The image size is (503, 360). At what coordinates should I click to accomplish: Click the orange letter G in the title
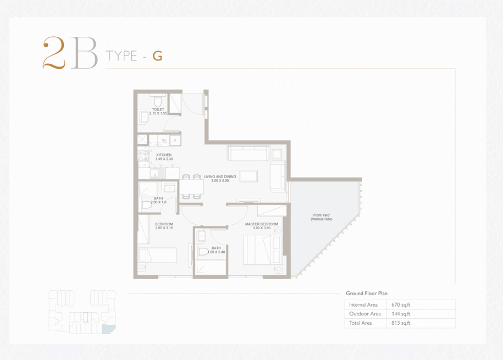point(157,56)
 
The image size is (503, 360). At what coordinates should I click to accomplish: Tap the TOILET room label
point(158,109)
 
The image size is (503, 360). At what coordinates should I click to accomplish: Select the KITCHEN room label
point(164,155)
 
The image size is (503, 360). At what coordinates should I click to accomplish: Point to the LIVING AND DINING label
point(220,177)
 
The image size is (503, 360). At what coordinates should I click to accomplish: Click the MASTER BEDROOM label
point(262,224)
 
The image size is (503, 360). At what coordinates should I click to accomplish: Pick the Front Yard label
point(322,215)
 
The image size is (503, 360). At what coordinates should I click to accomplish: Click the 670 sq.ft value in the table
point(401,305)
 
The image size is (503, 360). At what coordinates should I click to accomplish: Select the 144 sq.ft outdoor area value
point(401,314)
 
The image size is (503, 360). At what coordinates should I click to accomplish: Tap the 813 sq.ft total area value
point(401,323)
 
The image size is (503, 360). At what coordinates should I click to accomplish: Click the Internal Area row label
point(363,305)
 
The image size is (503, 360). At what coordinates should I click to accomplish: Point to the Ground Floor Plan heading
point(367,293)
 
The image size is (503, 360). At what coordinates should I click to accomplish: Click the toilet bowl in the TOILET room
point(158,101)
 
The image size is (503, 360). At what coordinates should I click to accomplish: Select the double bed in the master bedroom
point(258,250)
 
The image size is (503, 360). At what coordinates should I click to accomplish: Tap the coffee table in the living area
point(248,176)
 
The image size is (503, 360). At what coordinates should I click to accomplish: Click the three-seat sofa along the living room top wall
point(248,153)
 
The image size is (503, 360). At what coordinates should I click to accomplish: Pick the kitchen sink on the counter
point(158,173)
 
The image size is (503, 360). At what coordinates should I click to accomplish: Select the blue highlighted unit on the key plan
point(108,329)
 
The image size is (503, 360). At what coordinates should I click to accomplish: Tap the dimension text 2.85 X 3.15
point(164,228)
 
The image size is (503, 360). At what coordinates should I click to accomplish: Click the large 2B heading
point(70,53)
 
